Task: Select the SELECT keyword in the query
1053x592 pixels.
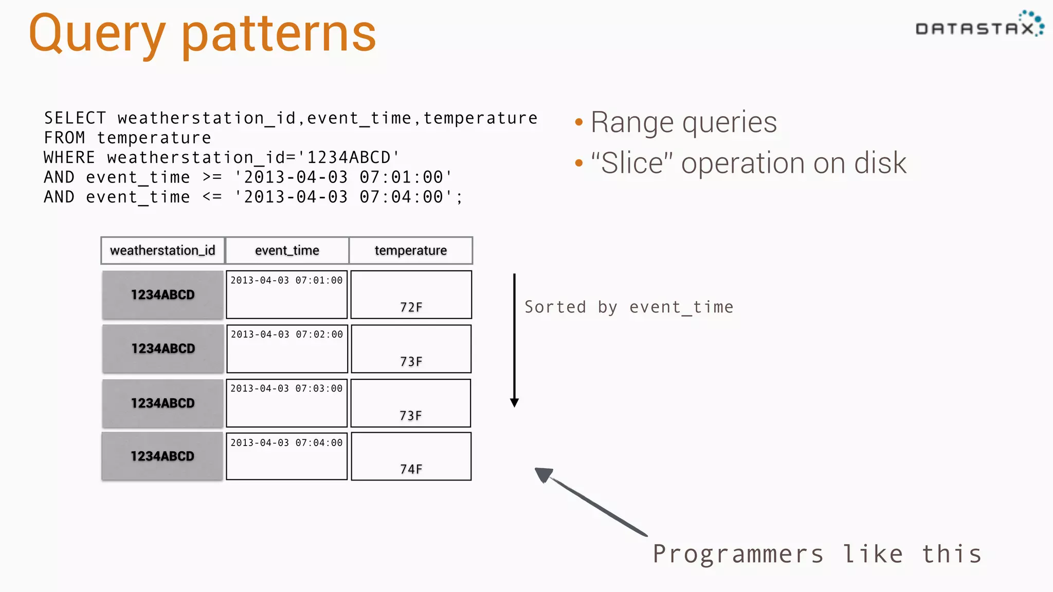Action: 75,118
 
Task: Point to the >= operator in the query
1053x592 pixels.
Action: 212,177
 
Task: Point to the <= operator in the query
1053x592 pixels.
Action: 212,197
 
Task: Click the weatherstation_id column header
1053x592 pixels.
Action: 162,250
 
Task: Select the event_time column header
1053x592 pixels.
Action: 287,250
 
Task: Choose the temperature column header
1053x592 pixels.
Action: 410,250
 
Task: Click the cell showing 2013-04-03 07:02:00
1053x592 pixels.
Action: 287,348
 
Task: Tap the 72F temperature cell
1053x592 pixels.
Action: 411,295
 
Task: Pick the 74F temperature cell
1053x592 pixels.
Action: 411,456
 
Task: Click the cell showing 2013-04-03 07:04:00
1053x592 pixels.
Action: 286,456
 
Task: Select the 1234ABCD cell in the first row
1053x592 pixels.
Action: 162,295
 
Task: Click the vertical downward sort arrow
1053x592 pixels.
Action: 514,339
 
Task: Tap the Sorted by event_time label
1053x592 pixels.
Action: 628,307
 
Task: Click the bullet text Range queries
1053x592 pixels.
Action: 683,122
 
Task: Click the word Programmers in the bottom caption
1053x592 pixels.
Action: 738,554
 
